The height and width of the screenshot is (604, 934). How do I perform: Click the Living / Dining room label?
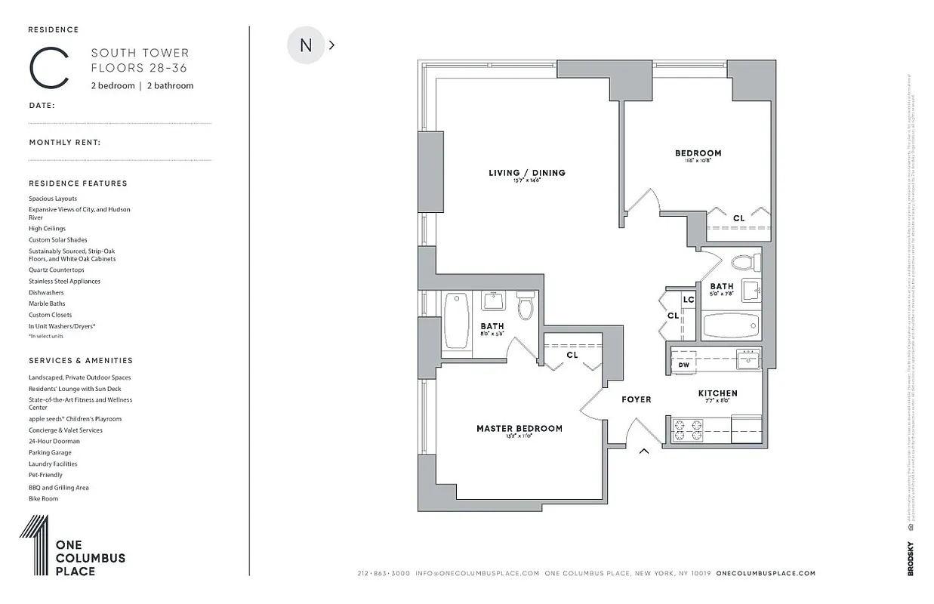pyautogui.click(x=526, y=173)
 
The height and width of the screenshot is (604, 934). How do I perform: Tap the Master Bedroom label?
pyautogui.click(x=519, y=429)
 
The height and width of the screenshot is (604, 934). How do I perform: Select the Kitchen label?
pyautogui.click(x=717, y=393)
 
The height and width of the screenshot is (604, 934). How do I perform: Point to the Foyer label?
pyautogui.click(x=636, y=399)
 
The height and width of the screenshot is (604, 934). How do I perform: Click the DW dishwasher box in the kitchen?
pyautogui.click(x=684, y=365)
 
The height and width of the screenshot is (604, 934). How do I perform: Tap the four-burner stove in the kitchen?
pyautogui.click(x=688, y=430)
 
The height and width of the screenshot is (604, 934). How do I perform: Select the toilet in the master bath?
pyautogui.click(x=526, y=307)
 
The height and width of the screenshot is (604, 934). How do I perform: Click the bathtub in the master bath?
pyautogui.click(x=456, y=321)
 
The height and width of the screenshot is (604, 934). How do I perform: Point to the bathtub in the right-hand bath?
pyautogui.click(x=730, y=325)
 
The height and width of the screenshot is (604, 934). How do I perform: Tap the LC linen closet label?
pyautogui.click(x=688, y=300)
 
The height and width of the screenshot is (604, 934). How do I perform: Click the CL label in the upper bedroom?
pyautogui.click(x=738, y=218)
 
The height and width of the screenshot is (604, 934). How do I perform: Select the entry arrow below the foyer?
pyautogui.click(x=644, y=451)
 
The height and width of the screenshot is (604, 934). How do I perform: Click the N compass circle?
pyautogui.click(x=306, y=45)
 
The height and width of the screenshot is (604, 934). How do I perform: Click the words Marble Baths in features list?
pyautogui.click(x=47, y=304)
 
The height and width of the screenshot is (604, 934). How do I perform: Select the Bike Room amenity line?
pyautogui.click(x=43, y=498)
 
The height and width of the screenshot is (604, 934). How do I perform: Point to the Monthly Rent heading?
pyautogui.click(x=65, y=142)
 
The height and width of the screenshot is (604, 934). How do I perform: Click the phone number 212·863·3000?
pyautogui.click(x=384, y=573)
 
